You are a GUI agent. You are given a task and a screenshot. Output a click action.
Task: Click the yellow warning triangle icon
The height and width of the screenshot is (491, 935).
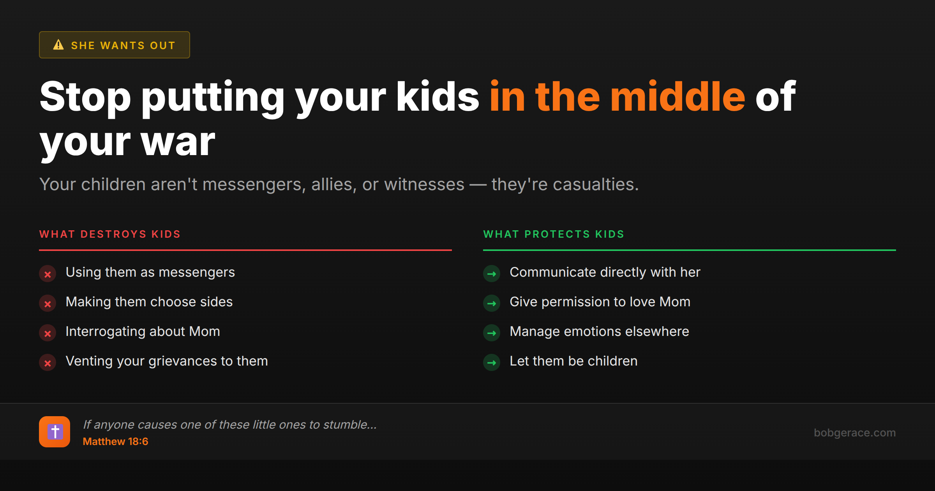coord(58,45)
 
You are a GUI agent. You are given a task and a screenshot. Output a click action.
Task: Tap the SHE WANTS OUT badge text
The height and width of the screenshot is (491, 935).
coord(123,46)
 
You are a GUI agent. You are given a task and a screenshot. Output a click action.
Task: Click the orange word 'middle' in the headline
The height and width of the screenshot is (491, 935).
coord(677,96)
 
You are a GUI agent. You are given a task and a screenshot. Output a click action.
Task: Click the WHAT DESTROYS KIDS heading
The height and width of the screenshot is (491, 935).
coord(110,234)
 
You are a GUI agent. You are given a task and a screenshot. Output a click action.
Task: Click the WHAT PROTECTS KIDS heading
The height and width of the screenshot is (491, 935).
coord(554,234)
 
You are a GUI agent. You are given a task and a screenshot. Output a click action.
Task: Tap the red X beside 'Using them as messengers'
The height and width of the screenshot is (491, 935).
coord(48,274)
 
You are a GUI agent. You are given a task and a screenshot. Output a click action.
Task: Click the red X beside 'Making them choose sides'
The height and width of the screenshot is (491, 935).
coord(48,304)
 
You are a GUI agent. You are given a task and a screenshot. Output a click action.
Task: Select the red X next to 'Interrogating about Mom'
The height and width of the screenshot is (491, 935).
coord(48,333)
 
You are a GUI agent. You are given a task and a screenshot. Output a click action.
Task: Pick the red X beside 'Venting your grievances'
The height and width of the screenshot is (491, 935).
coord(48,363)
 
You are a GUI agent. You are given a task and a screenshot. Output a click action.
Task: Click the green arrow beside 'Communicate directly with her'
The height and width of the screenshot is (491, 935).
coord(492,274)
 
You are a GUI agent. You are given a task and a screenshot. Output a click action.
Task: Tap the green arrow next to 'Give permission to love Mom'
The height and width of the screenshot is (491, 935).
coord(492,304)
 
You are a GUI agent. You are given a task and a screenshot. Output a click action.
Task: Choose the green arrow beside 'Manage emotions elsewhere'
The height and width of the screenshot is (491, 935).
coord(492,333)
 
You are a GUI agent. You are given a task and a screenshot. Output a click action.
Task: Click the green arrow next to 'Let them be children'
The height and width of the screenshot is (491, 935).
coord(492,363)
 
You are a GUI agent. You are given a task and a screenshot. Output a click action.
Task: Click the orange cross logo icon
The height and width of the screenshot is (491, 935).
coord(55,432)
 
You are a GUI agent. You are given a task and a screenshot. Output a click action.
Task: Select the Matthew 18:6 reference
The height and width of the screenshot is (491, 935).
coord(115,442)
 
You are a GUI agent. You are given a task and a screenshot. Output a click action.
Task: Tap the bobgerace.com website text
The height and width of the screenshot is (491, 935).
coord(855,433)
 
